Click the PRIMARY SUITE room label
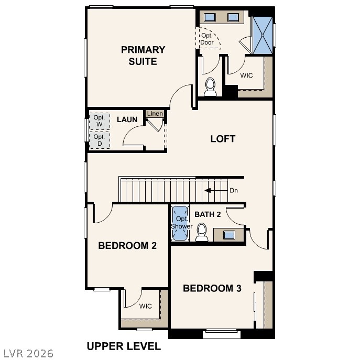click(x=143, y=56)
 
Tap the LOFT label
click(x=223, y=139)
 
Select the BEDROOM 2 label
click(x=127, y=245)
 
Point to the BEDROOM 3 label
click(x=212, y=288)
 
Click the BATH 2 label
click(x=208, y=214)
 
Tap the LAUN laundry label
click(x=127, y=119)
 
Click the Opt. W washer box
click(x=99, y=121)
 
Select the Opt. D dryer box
click(x=99, y=140)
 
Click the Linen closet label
click(x=155, y=114)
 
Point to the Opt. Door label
click(x=207, y=39)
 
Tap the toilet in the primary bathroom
click(x=210, y=87)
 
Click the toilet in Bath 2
click(x=202, y=233)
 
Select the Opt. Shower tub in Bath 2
click(x=180, y=223)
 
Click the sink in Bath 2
click(x=229, y=235)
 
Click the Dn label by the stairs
click(x=234, y=190)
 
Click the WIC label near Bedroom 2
click(x=145, y=306)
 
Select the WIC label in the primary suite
click(x=246, y=75)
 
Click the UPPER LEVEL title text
click(x=124, y=346)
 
